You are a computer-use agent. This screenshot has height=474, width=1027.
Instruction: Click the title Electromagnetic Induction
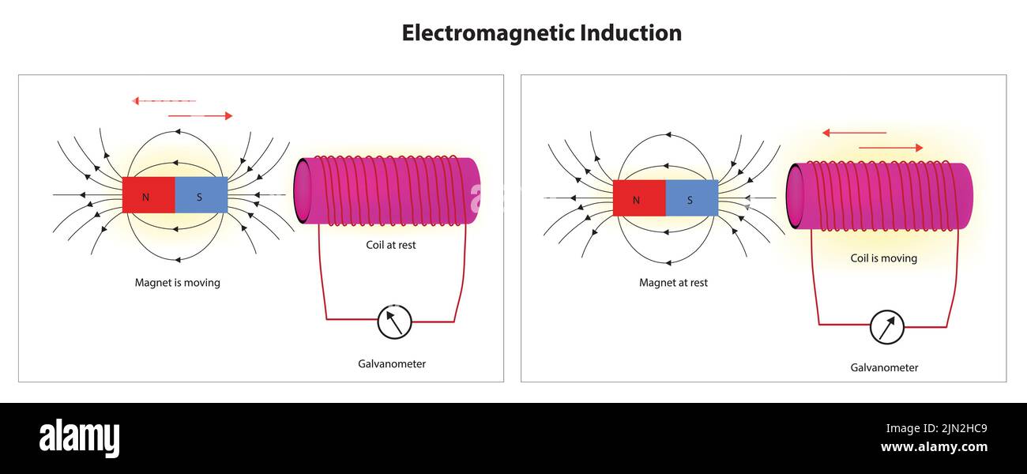[541, 33]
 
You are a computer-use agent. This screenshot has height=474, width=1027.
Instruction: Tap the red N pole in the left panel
[149, 195]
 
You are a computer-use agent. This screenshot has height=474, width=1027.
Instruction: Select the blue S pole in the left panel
[201, 195]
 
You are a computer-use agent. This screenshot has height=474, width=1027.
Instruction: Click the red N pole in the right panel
[639, 198]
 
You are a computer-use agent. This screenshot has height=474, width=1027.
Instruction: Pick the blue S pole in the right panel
[691, 198]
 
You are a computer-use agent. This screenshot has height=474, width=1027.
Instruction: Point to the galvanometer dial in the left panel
[394, 322]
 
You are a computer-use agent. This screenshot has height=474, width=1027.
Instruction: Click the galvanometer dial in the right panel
[886, 327]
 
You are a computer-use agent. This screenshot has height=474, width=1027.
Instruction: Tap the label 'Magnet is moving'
[177, 282]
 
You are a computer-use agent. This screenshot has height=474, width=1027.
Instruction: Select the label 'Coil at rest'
[390, 245]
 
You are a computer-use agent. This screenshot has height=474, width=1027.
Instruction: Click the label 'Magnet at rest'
[673, 282]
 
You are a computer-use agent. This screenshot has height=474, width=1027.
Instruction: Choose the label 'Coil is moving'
[883, 258]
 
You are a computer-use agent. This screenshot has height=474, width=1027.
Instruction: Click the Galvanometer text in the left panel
[392, 364]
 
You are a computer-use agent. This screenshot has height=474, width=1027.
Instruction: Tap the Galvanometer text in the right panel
[884, 367]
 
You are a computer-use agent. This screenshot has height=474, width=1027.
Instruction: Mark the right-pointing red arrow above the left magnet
[201, 116]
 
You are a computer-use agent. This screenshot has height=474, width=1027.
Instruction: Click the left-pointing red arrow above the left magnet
[164, 101]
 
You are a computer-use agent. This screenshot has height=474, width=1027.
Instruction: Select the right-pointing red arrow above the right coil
[890, 148]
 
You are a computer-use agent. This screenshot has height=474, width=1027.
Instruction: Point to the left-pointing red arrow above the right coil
[854, 133]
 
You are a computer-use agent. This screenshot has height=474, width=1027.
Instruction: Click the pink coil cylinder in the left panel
[387, 191]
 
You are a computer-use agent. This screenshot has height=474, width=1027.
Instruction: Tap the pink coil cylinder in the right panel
[879, 197]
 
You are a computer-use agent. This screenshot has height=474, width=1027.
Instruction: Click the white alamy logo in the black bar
[79, 438]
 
